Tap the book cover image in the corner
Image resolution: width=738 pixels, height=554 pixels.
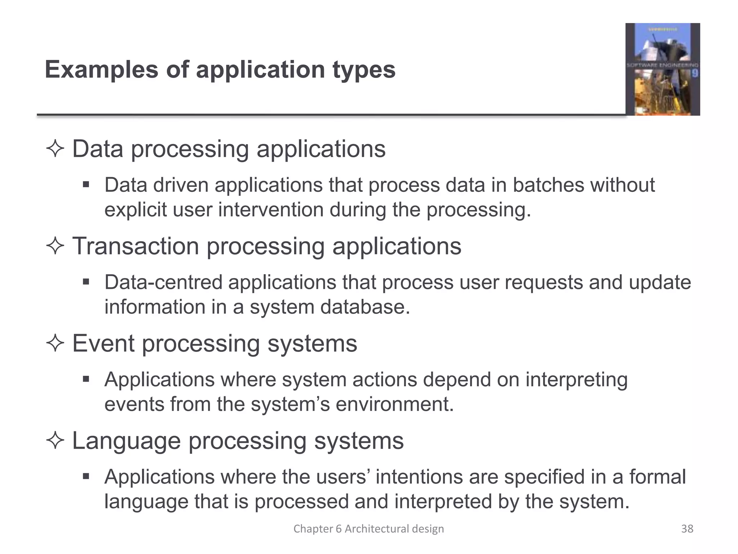[x=662, y=69]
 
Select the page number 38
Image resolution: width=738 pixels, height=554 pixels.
[x=687, y=529]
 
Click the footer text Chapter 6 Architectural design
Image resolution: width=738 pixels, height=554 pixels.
[x=368, y=529]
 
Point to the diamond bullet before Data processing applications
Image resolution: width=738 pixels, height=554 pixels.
[x=55, y=149]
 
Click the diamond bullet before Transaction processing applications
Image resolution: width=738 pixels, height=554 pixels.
[x=55, y=246]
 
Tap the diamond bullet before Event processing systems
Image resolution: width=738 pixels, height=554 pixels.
[x=55, y=343]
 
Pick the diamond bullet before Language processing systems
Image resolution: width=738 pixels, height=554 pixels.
[x=55, y=441]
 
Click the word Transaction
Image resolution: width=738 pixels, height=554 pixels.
[x=135, y=246]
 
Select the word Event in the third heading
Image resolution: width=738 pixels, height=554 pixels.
[x=103, y=343]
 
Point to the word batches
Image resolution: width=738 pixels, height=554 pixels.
[x=548, y=185]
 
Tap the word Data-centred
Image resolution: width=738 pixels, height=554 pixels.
[x=163, y=282]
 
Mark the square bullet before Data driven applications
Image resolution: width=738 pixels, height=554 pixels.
[x=86, y=185]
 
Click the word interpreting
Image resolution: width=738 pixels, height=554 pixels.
[x=576, y=380]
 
